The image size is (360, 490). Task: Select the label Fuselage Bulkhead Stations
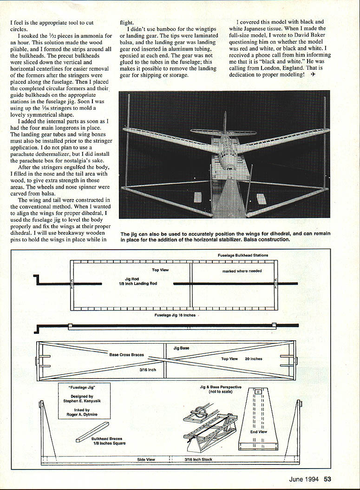click(242, 255)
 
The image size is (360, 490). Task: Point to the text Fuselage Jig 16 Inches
click(175, 315)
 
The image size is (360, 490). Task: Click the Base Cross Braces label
click(126, 355)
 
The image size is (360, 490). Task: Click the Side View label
click(146, 460)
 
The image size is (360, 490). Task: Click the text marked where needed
click(242, 271)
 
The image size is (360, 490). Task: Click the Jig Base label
click(181, 348)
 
